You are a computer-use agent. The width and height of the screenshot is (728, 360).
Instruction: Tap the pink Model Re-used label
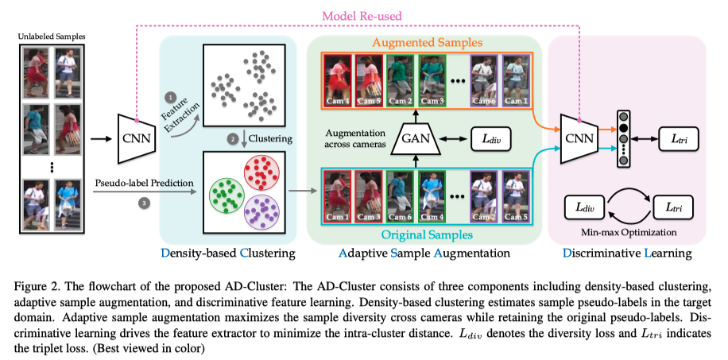[362, 15]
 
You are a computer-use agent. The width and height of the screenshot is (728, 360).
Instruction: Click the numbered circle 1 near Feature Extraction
[168, 96]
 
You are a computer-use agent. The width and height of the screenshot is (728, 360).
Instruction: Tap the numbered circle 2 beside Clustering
[233, 138]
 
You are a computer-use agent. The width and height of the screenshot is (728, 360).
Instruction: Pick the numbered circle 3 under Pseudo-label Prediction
[142, 203]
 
